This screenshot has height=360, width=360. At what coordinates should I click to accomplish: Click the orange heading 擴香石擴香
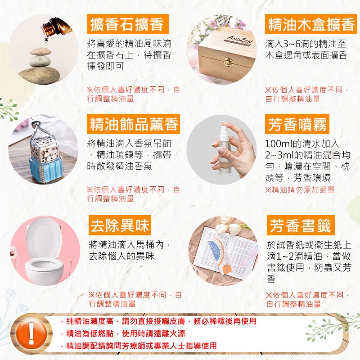(x=127, y=24)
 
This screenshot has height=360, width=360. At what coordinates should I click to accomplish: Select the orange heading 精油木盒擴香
(x=311, y=24)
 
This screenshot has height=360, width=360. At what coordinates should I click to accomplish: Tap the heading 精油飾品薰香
(x=133, y=124)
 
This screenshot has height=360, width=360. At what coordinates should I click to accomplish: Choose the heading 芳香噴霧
(x=297, y=124)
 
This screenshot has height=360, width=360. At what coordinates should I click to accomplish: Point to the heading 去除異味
(x=120, y=225)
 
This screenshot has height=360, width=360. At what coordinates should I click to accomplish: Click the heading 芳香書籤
(x=300, y=225)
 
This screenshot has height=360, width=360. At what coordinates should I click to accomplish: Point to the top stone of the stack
(x=40, y=51)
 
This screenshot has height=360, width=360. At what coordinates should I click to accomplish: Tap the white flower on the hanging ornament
(x=51, y=153)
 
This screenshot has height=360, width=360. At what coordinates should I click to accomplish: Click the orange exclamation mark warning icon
(x=31, y=333)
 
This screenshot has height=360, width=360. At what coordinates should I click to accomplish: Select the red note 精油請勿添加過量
(x=300, y=190)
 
